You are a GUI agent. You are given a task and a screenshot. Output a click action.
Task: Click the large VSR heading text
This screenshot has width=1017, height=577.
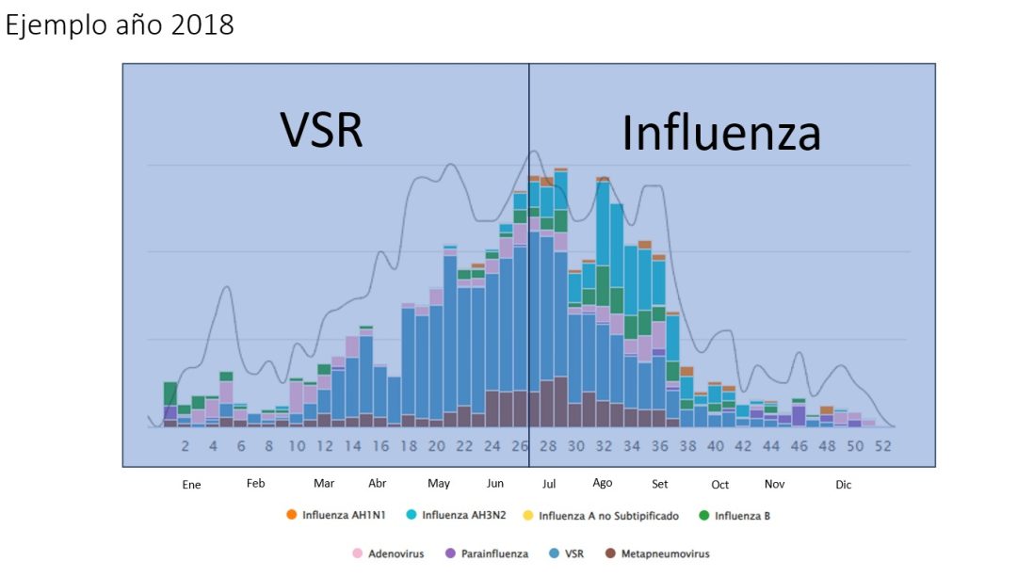[322, 130]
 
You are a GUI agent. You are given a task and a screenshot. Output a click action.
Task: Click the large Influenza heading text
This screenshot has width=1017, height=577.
[721, 134]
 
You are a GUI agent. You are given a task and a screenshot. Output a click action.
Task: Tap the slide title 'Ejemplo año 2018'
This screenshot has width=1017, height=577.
[120, 25]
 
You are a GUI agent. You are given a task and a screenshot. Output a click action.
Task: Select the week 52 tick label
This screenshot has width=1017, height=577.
[882, 447]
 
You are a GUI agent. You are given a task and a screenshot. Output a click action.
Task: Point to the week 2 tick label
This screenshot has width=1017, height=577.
[186, 447]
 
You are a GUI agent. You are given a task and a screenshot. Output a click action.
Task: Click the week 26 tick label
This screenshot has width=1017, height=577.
[520, 447]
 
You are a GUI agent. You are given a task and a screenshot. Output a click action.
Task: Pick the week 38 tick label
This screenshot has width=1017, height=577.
[687, 447]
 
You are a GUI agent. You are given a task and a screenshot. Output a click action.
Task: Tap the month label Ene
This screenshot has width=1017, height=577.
[191, 485]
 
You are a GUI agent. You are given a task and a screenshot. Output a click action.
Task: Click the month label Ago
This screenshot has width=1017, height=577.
[603, 484]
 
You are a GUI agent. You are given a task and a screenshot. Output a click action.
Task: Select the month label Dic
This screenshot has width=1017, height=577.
[843, 485]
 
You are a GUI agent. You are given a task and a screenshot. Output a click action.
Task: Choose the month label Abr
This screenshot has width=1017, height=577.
[377, 484]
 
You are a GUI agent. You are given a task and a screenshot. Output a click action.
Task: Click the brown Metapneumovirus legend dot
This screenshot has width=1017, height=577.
[610, 553]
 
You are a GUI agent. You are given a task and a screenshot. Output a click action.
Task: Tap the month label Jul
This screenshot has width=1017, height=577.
[549, 484]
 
